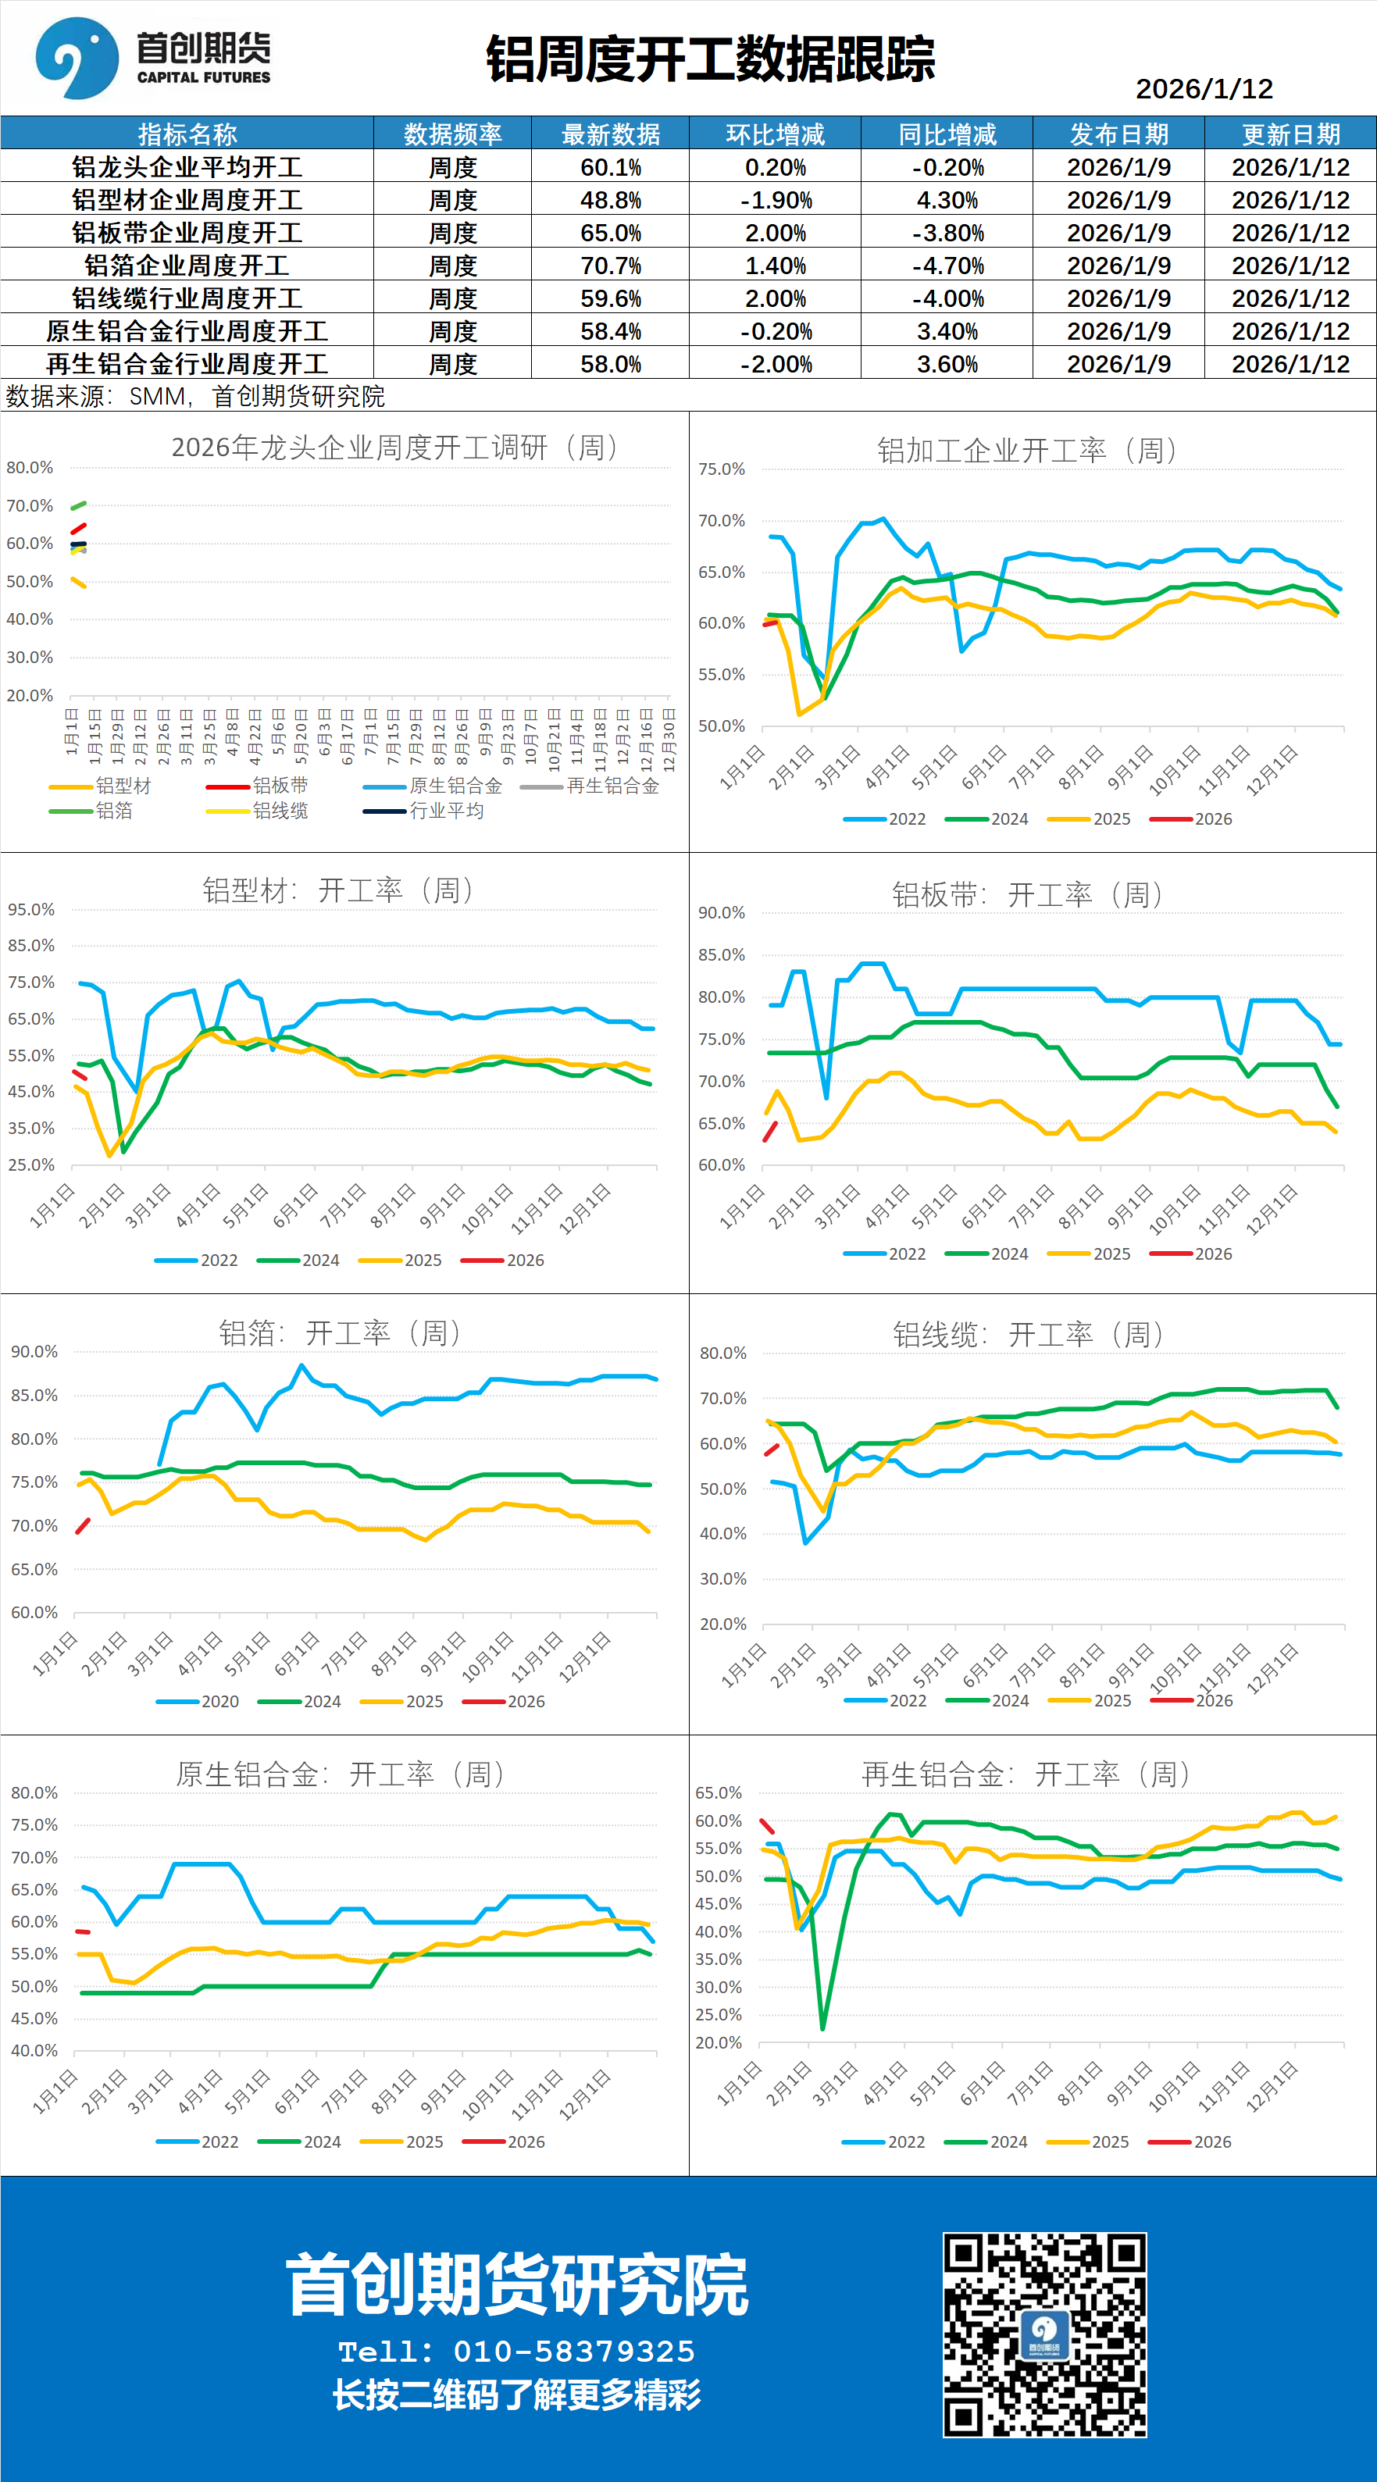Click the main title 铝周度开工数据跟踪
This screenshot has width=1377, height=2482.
(x=710, y=59)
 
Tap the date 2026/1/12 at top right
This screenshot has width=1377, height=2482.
(x=1204, y=89)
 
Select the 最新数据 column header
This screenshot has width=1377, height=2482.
(x=610, y=134)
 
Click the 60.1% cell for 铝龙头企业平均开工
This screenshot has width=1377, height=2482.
(x=610, y=168)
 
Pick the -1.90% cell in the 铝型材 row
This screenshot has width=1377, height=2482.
(x=775, y=201)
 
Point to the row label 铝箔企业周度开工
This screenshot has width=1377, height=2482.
(x=187, y=266)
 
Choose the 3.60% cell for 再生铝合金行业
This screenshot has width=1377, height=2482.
(x=947, y=364)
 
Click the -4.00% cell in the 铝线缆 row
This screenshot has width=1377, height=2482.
(x=947, y=298)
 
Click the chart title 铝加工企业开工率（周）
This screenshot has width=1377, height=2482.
(x=1026, y=450)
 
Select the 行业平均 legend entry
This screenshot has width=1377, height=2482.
(x=445, y=811)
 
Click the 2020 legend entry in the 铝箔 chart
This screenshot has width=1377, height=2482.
(x=219, y=1702)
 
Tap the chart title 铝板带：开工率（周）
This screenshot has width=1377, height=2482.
(x=1026, y=895)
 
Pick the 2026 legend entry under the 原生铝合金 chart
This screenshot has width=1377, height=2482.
(x=525, y=2142)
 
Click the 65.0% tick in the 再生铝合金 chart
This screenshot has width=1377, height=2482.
(x=718, y=1793)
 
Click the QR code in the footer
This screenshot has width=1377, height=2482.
(x=1044, y=2334)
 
